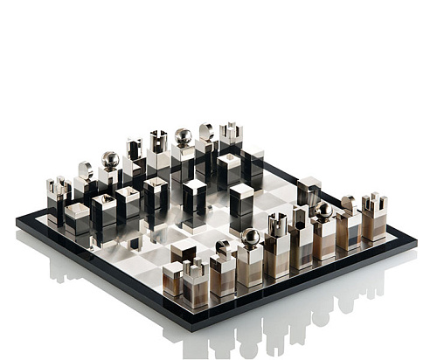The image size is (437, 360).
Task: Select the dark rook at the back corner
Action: (231, 140)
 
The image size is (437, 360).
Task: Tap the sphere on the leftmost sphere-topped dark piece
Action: (110, 160)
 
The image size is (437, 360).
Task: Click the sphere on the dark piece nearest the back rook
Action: (183, 136)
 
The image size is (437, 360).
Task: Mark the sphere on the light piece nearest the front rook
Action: (250, 237)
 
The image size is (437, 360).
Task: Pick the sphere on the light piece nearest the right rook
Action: (324, 210)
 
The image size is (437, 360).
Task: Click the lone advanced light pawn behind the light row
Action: (309, 191)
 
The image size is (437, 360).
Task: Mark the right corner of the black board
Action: (417, 234)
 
